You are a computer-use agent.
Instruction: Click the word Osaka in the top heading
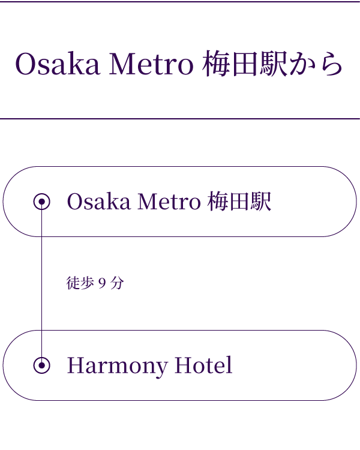coord(57,65)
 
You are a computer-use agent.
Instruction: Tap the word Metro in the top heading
coord(151,65)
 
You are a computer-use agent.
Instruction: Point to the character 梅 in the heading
coord(217,65)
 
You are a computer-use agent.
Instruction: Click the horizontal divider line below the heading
coord(180,119)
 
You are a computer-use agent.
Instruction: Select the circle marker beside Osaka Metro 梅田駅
coord(41,202)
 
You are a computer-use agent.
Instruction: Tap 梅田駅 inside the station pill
coord(239,202)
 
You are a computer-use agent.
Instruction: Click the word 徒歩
coord(80,283)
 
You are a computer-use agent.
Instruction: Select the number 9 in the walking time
coord(102,283)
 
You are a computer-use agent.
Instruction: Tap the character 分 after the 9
coord(117,283)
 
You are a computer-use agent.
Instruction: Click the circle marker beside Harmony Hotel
coord(41,365)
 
